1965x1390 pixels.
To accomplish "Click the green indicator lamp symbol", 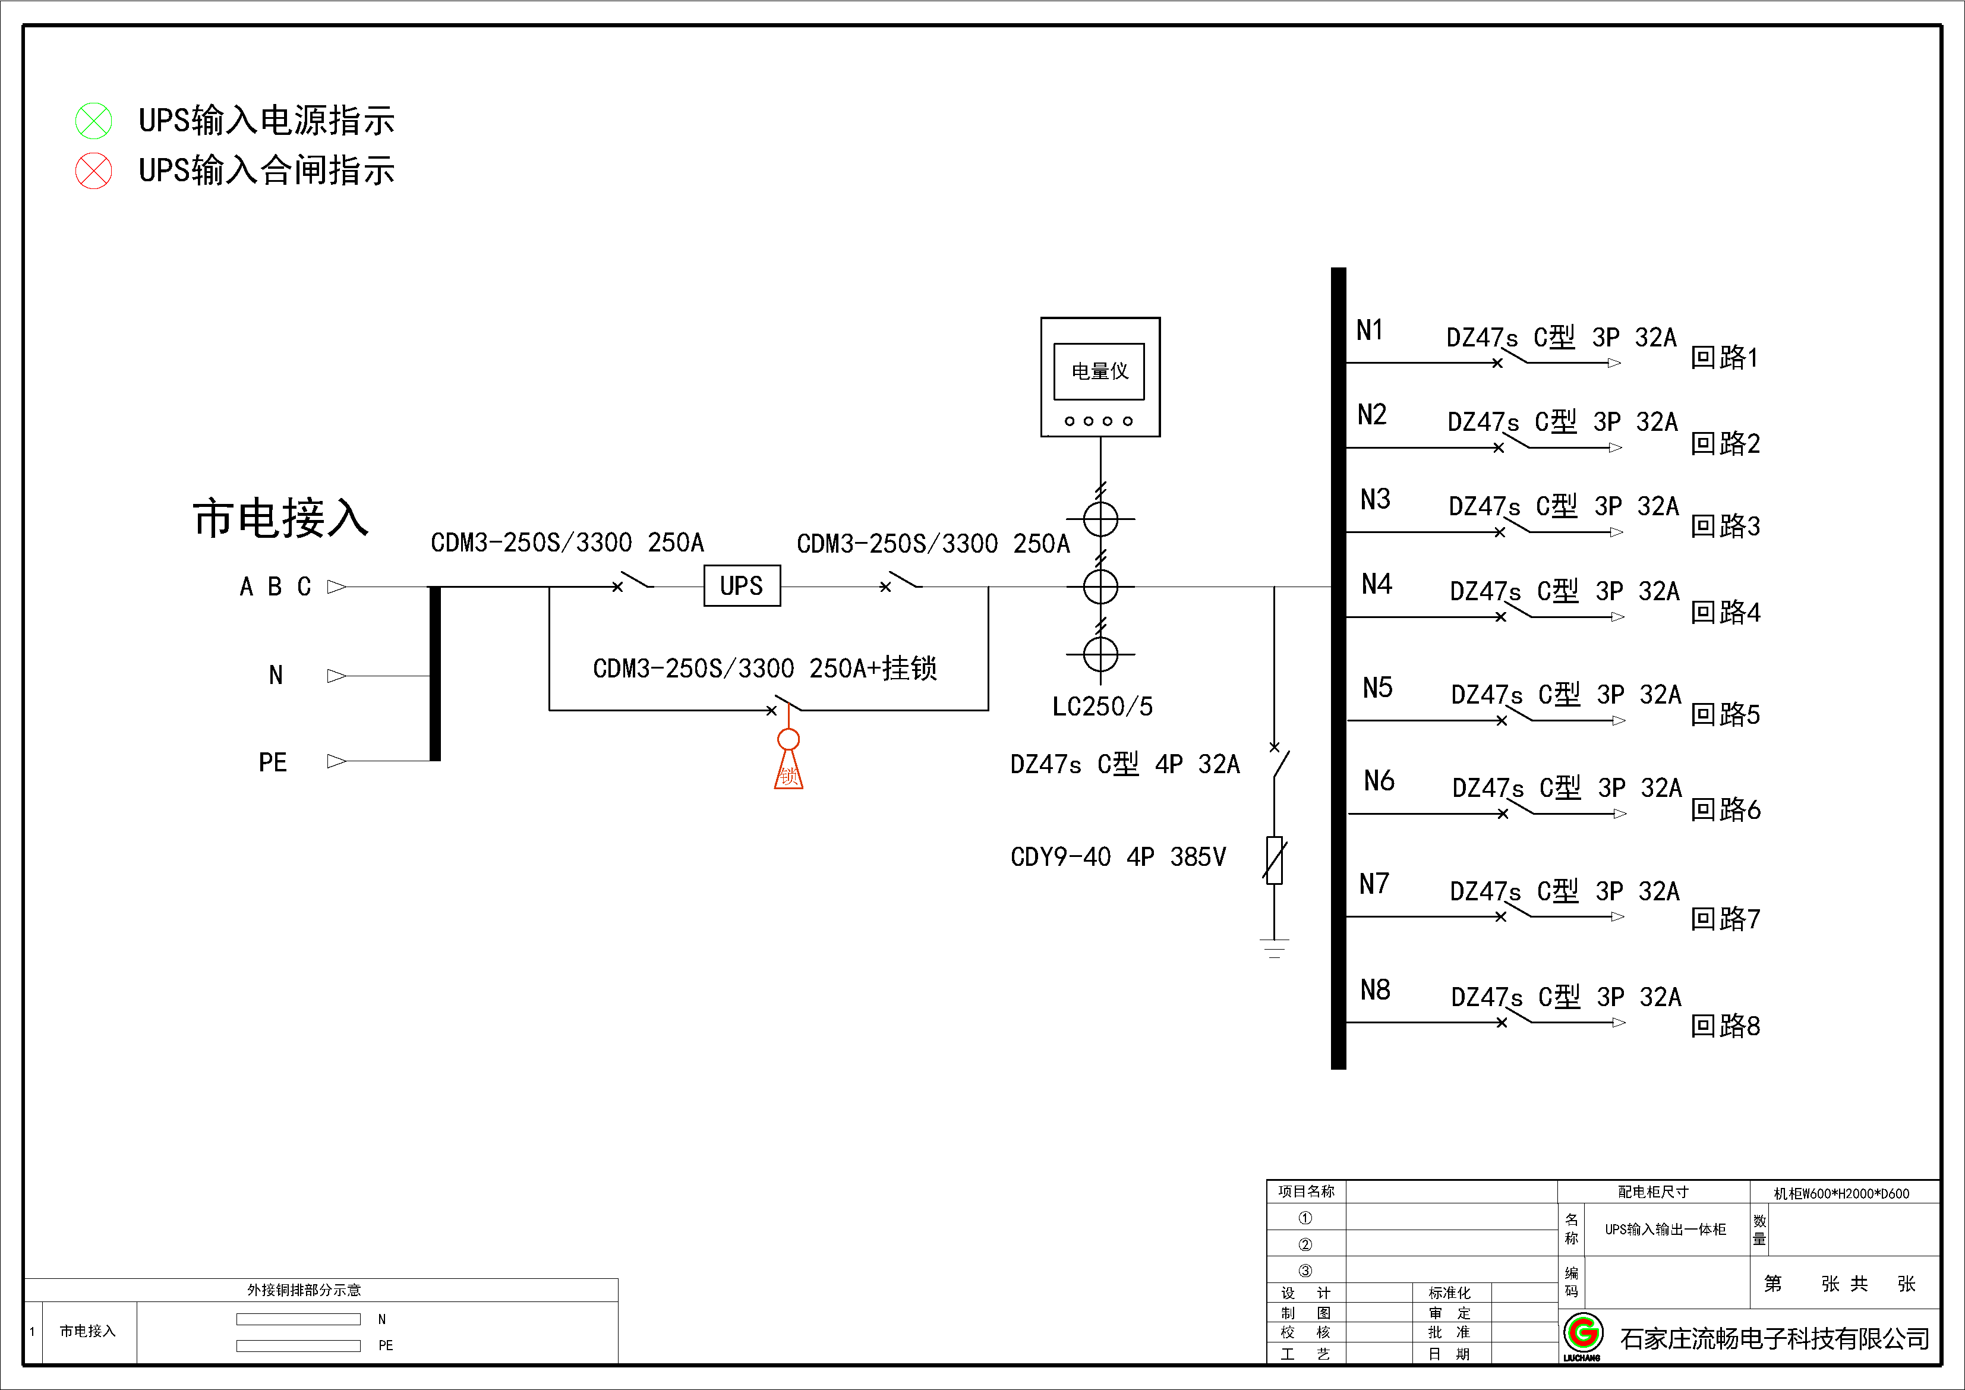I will point(93,121).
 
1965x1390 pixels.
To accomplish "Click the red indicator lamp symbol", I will point(93,171).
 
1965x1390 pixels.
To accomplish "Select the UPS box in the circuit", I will point(741,585).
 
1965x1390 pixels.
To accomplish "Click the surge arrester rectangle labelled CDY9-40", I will point(1275,859).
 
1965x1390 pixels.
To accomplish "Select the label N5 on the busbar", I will point(1377,688).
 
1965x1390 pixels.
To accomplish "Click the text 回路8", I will point(1724,1025).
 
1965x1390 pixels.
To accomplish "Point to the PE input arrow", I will point(336,761).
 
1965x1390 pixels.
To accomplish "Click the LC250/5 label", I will point(1102,706).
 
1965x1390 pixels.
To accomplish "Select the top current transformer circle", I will point(1100,519).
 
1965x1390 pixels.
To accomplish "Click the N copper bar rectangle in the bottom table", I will point(298,1319).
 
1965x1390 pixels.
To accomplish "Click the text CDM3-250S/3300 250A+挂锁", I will point(764,667).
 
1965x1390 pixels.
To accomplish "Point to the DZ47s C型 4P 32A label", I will point(1124,764).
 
